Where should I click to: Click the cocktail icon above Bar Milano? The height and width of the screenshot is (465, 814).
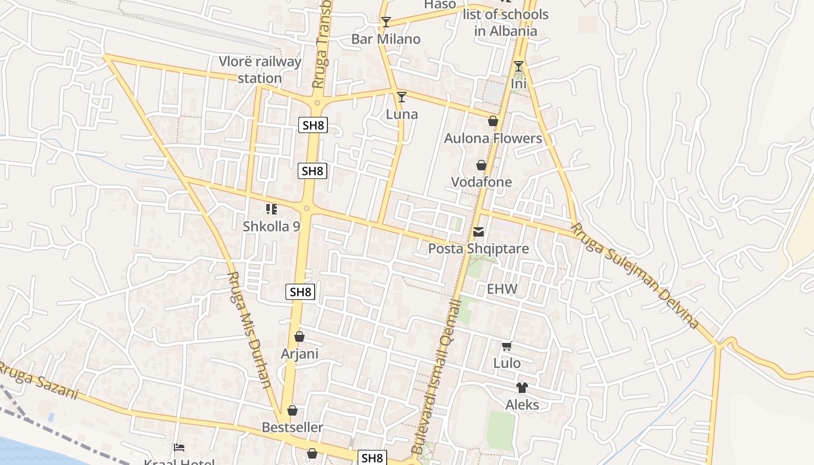coord(385,22)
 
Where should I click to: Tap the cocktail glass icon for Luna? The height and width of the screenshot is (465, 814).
coord(401,96)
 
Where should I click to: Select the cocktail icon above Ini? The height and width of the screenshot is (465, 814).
coord(518,66)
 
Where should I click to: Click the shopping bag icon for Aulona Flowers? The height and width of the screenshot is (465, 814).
coord(493,121)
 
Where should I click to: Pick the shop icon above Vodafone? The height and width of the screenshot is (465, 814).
coord(481,165)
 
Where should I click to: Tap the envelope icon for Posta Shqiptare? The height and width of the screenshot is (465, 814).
coord(478,232)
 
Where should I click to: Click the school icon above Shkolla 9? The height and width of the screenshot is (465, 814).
coord(271,209)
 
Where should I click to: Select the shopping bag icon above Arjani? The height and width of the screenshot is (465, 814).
coord(299,336)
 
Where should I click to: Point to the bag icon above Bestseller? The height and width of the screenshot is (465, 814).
coord(292,410)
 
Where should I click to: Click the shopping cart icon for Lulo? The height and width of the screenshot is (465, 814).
coord(506,346)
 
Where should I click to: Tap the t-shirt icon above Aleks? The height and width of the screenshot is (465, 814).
coord(522,387)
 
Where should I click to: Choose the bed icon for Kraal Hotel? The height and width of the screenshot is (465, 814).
coord(179,447)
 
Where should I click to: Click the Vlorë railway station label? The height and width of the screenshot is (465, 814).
coord(260,70)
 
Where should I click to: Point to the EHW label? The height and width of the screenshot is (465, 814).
coord(502,289)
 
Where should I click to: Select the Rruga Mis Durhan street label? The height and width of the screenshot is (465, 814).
coord(249,329)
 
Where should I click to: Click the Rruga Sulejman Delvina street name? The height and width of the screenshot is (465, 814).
coord(634,276)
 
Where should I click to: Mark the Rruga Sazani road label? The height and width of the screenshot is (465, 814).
coord(38,381)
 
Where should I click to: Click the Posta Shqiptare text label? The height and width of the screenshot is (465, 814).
coord(478,249)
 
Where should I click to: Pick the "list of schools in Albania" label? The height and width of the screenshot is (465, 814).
coord(505,23)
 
